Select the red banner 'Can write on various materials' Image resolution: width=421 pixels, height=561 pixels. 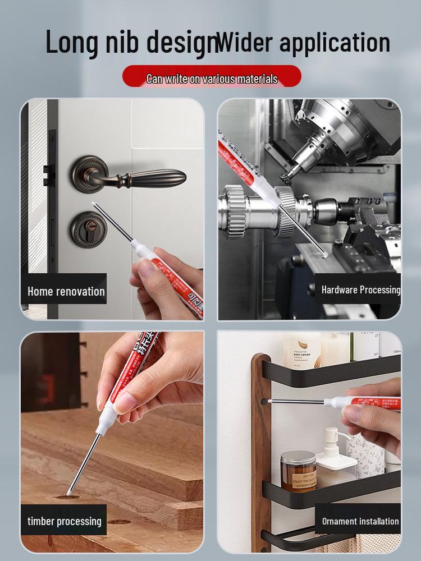pos(212,78)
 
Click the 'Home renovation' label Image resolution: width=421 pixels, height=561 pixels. pos(66,291)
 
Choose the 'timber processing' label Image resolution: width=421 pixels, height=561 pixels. pos(65,521)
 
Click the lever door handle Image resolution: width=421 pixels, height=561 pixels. pos(135,175)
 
